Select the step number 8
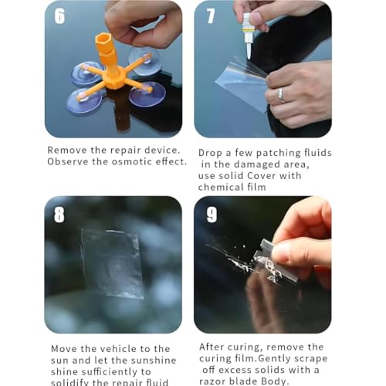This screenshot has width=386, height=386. click(x=60, y=214)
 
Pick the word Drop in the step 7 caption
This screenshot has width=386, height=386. click(x=212, y=153)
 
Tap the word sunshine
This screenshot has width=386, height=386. click(x=151, y=361)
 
